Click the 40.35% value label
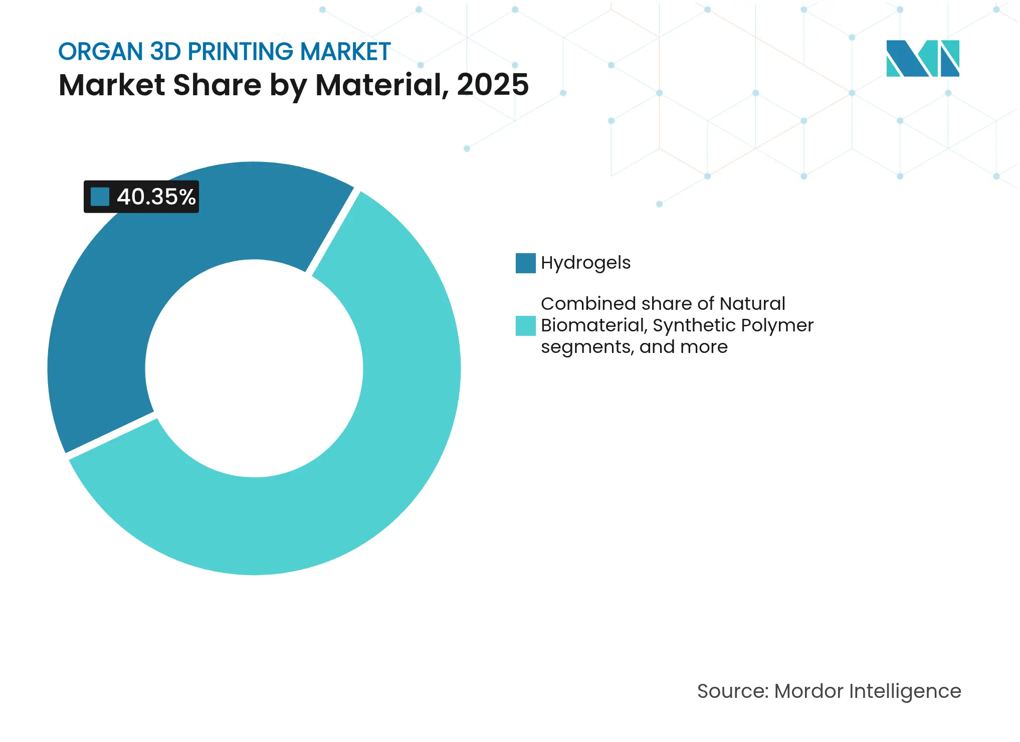point(156,197)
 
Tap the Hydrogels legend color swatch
point(525,263)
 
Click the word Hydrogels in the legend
point(585,263)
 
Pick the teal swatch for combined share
point(525,326)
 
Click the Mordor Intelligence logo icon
point(922,58)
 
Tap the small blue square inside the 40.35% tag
point(100,197)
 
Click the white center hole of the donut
point(254,368)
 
